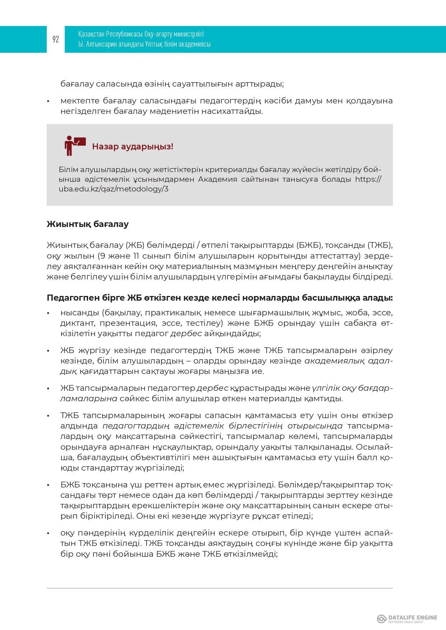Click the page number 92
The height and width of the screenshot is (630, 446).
point(56,40)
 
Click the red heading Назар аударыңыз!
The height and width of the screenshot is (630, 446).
point(133,147)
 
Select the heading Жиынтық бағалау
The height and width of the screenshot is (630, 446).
point(87,224)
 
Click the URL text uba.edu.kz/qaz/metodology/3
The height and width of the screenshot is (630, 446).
point(114,189)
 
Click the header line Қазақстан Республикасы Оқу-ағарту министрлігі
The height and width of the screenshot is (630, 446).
point(141,34)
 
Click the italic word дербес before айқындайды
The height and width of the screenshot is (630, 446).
point(185,334)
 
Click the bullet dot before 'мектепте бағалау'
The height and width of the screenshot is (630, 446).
point(48,101)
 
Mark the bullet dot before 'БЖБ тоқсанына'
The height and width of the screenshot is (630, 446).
point(48,485)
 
